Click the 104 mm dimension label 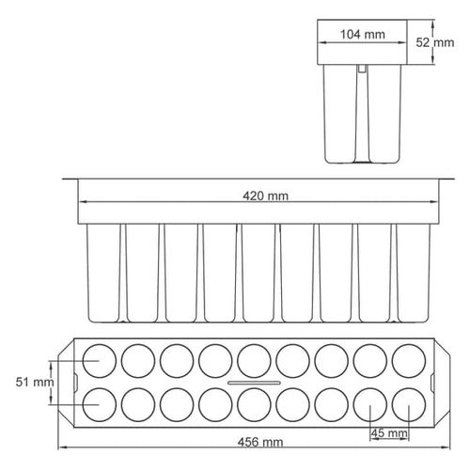click(x=362, y=35)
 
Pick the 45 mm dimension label click(x=390, y=433)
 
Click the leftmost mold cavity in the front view click(x=102, y=273)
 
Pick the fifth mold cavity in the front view click(x=258, y=273)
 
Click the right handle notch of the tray click(x=433, y=383)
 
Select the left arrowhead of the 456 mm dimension click(x=64, y=448)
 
